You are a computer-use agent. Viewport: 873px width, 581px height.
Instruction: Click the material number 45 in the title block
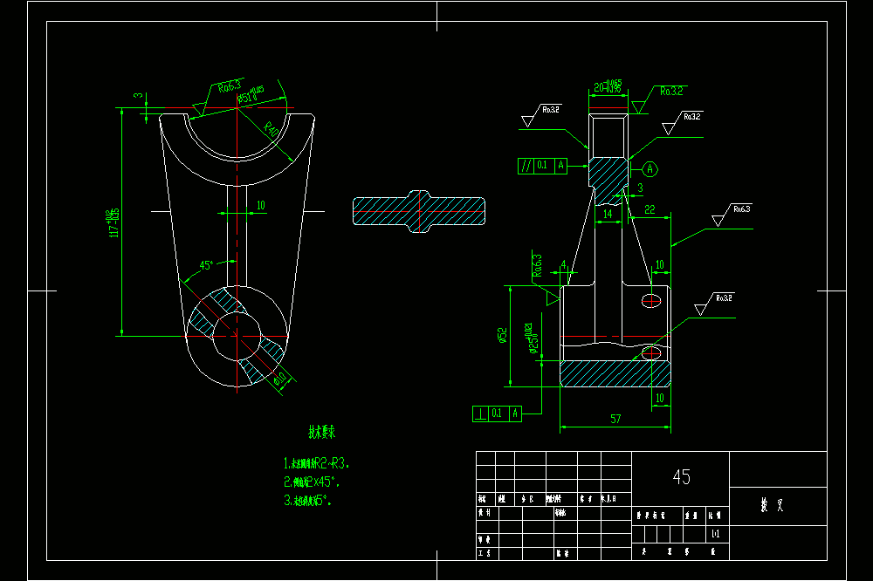682,476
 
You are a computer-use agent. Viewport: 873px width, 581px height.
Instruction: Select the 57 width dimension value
615,420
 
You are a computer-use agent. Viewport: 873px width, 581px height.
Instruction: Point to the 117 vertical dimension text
113,223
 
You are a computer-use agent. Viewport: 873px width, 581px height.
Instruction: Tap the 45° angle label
207,264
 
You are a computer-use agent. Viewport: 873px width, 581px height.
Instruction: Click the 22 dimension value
650,209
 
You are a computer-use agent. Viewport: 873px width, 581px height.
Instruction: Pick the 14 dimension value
608,212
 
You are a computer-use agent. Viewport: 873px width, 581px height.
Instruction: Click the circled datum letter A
651,167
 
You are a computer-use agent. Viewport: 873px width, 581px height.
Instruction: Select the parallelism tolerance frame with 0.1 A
542,164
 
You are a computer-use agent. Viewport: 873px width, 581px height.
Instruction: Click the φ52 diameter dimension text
502,336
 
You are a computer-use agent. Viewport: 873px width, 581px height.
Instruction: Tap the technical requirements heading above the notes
322,432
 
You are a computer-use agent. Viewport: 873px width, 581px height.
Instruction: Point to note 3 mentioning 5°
306,501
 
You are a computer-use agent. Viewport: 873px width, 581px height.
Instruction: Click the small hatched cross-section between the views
419,212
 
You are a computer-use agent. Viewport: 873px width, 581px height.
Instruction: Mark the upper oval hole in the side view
651,300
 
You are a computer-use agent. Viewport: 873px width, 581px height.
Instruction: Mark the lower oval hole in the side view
651,352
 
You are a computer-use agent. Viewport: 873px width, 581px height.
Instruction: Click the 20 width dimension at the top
607,87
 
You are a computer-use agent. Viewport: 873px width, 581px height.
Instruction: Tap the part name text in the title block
772,503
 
